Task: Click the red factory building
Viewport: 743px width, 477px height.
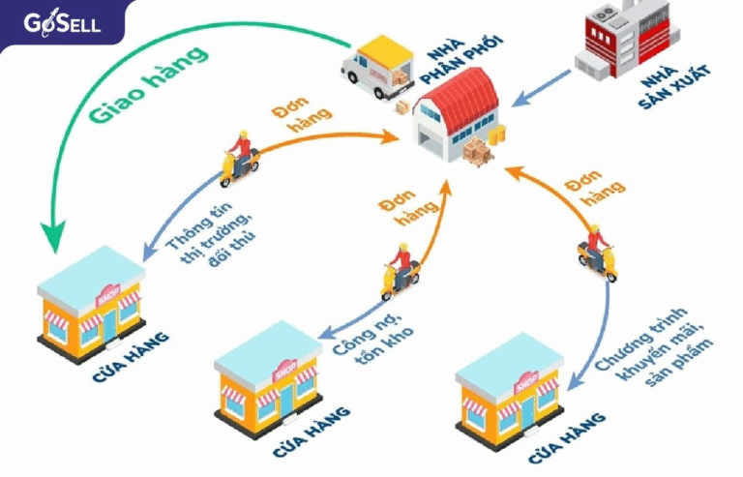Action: [x=620, y=43]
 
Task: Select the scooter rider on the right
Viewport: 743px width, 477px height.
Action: [x=596, y=251]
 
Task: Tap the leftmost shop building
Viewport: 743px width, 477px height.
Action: [x=92, y=296]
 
